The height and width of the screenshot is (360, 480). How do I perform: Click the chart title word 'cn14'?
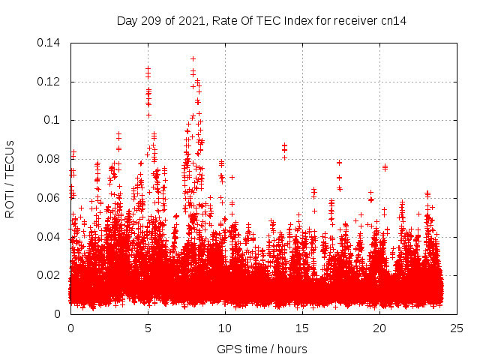[394, 21]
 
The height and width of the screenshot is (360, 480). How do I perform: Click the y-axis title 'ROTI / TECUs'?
[10, 178]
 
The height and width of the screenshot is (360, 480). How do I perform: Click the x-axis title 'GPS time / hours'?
[262, 349]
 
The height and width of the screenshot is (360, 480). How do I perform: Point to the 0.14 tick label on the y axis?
[50, 43]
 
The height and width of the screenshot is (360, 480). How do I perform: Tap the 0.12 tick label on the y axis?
[50, 82]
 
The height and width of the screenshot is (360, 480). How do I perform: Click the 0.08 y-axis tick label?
[50, 159]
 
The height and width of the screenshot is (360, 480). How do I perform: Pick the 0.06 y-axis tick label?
[50, 198]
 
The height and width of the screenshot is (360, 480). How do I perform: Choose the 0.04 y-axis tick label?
[50, 237]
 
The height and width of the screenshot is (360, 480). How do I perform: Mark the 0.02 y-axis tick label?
[50, 275]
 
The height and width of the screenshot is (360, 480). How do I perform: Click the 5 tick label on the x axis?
[148, 328]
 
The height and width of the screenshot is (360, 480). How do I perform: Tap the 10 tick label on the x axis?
[225, 328]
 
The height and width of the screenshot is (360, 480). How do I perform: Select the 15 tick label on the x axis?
[302, 328]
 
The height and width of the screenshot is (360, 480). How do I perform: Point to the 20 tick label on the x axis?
[379, 328]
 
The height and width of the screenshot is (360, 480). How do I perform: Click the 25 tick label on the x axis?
[457, 328]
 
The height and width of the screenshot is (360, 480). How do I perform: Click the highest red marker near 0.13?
[193, 58]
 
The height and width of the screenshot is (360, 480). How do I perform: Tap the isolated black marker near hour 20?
[385, 166]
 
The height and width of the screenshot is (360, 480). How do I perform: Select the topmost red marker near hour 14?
[284, 145]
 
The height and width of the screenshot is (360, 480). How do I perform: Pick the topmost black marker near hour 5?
[148, 68]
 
